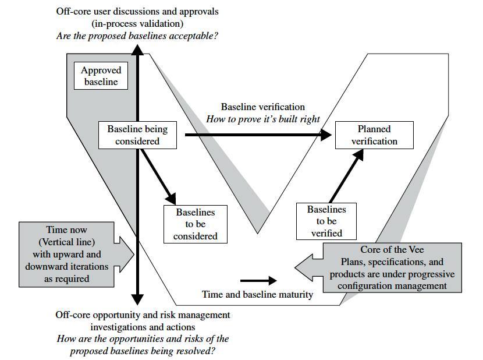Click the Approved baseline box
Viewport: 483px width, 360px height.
click(101, 76)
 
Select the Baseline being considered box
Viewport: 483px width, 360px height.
click(137, 135)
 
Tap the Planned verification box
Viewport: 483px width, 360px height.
click(374, 135)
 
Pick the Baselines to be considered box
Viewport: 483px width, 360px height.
click(196, 224)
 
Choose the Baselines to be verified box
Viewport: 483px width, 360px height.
click(326, 221)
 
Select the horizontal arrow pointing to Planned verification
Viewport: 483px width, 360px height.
click(256, 135)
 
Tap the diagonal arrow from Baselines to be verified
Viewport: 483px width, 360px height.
click(346, 175)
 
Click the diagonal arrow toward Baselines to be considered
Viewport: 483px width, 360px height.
click(158, 172)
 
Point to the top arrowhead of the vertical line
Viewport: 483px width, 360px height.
click(137, 49)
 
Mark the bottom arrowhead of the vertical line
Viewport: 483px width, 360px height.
click(137, 299)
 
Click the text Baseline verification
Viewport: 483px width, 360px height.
click(262, 107)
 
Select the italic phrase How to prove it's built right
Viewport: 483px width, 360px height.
click(263, 119)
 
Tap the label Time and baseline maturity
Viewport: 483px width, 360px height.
click(257, 294)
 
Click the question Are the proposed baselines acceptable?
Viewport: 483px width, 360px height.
click(137, 36)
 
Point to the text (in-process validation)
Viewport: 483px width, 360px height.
click(137, 23)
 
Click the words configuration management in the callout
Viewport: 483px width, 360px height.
click(392, 285)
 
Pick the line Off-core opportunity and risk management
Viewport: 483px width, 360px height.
click(143, 315)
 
